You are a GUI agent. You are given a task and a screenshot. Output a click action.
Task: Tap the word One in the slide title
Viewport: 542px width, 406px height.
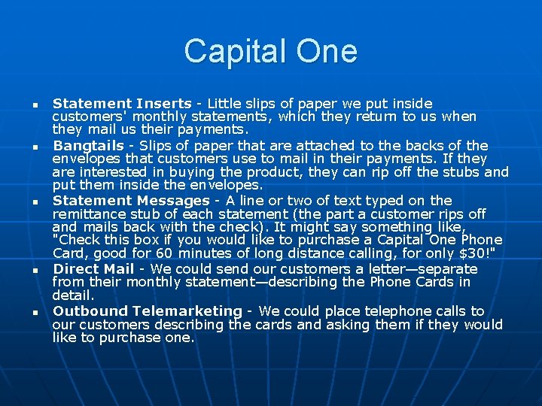[325, 51]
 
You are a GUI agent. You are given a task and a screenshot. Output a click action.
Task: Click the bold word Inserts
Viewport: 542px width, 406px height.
[164, 104]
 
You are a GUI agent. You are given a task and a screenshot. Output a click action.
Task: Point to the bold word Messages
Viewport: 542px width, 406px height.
[173, 201]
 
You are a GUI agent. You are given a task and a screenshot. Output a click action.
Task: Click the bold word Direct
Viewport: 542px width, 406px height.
[75, 268]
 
